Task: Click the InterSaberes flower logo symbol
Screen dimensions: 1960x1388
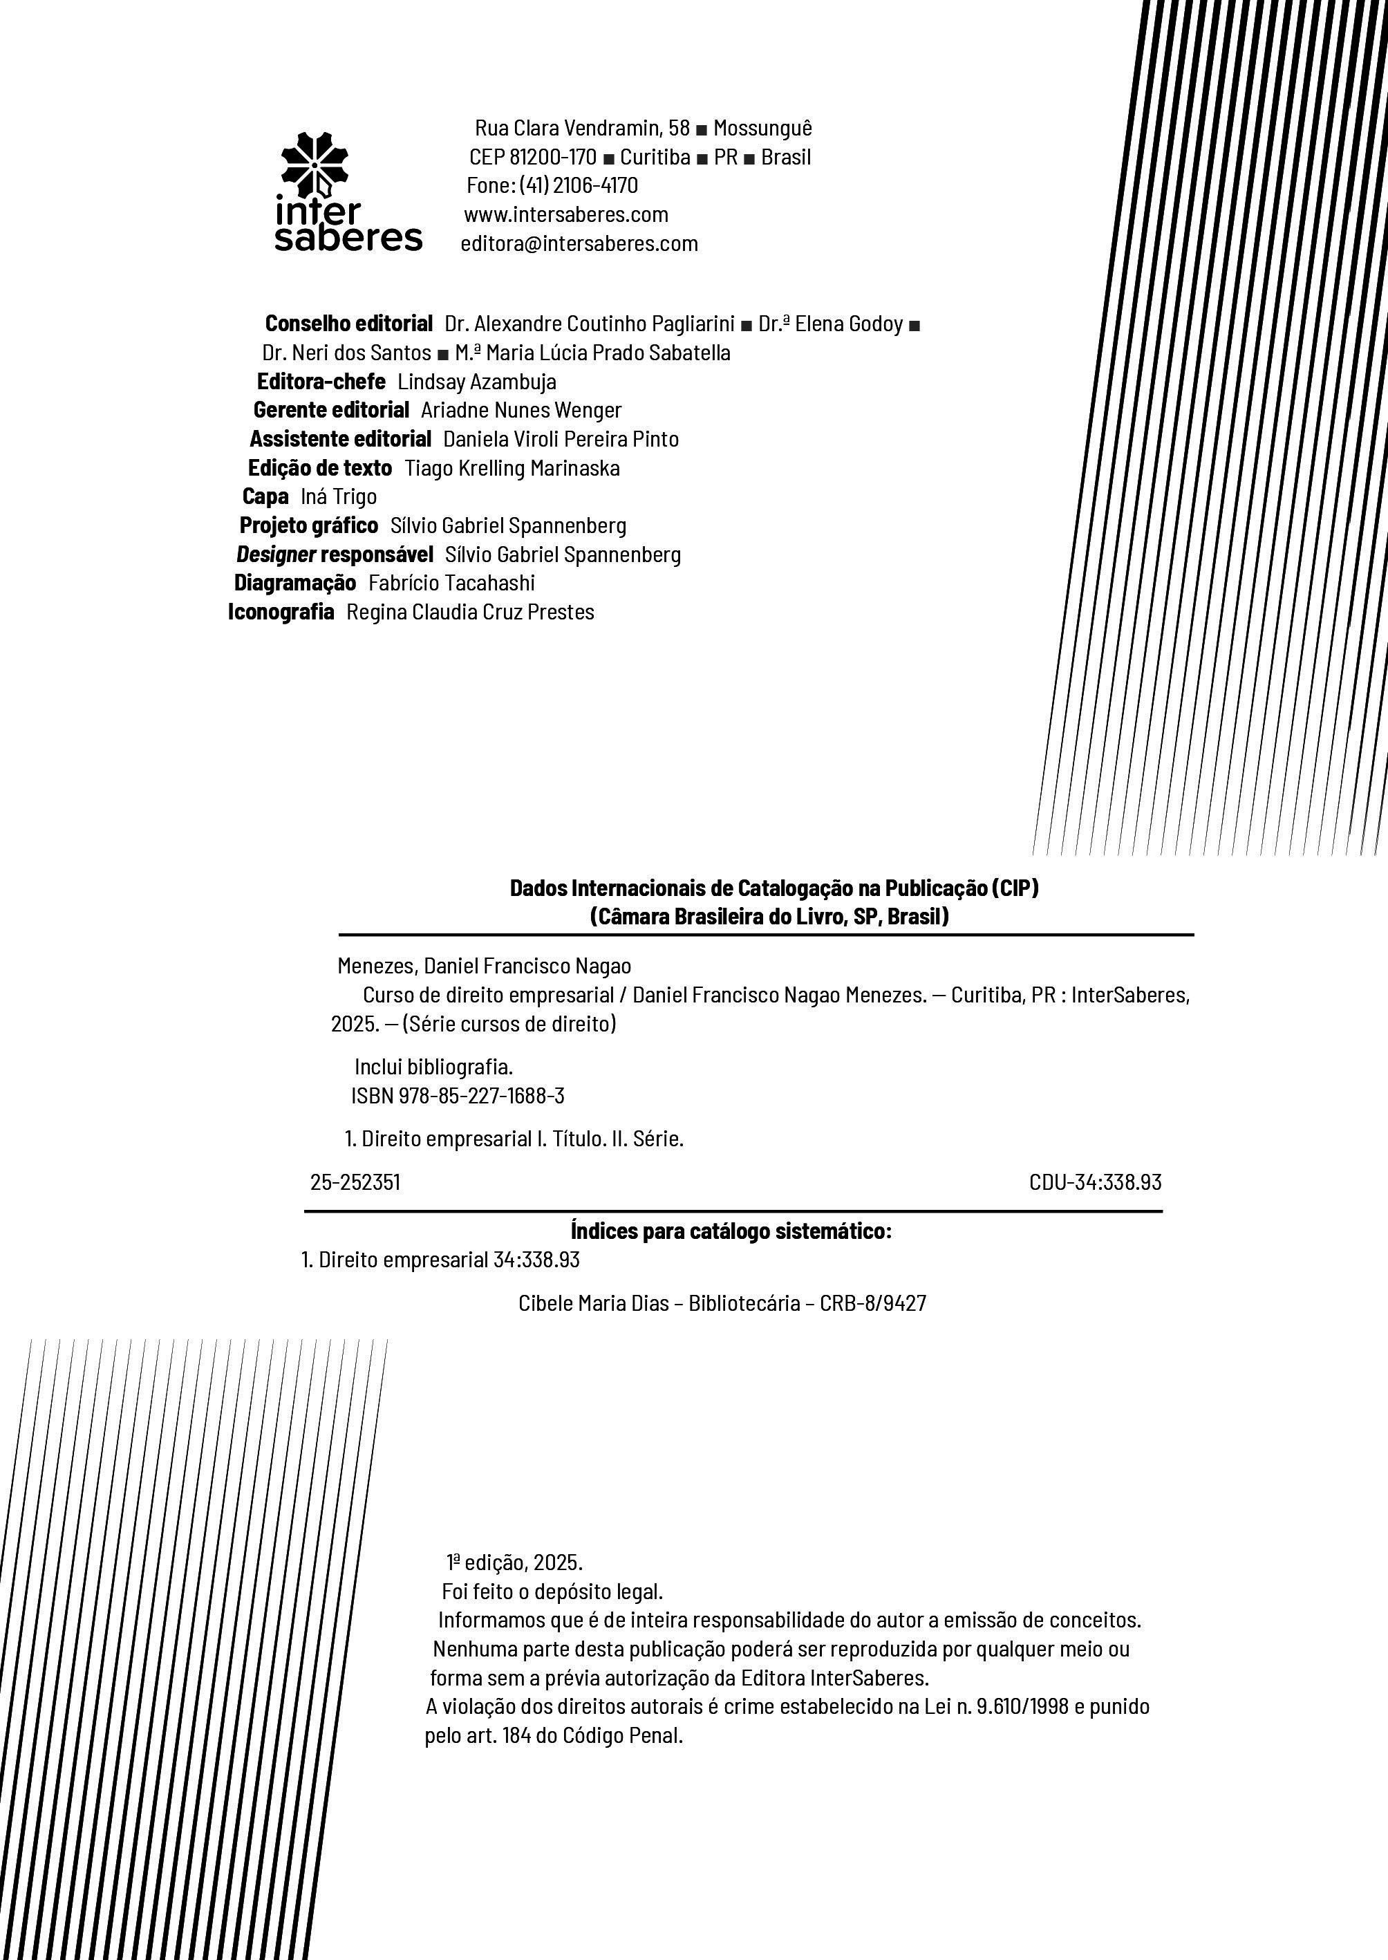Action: tap(315, 164)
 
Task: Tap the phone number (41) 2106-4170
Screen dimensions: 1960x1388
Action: tap(579, 185)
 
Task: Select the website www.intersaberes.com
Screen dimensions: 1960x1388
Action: tap(566, 214)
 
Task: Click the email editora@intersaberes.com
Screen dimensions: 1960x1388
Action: tap(579, 243)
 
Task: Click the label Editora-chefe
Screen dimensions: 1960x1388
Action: tap(321, 381)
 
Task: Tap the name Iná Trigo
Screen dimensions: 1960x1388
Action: tap(339, 496)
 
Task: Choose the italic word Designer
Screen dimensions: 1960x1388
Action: tap(276, 554)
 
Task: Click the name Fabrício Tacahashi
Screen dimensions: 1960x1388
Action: tap(451, 583)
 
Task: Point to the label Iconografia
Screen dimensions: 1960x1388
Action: tap(281, 612)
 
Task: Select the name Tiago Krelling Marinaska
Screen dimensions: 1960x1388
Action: tap(512, 469)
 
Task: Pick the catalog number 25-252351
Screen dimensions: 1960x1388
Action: tap(355, 1182)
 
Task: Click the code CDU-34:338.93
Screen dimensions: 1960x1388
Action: tap(1095, 1182)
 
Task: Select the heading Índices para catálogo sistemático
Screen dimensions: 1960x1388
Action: tap(731, 1232)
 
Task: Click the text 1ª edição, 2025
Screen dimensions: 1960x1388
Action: tap(514, 1563)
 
